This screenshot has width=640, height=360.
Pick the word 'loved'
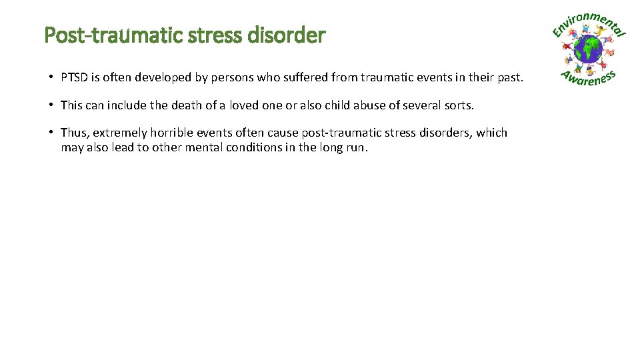pos(245,105)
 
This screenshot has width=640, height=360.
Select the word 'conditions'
pos(255,147)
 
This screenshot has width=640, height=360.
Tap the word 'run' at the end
pos(356,147)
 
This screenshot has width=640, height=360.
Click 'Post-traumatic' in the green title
pos(87,35)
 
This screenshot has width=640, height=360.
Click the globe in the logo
pos(589,49)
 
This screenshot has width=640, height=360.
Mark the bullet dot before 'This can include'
pos(51,105)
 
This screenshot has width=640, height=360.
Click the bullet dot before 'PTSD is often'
pos(51,78)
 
